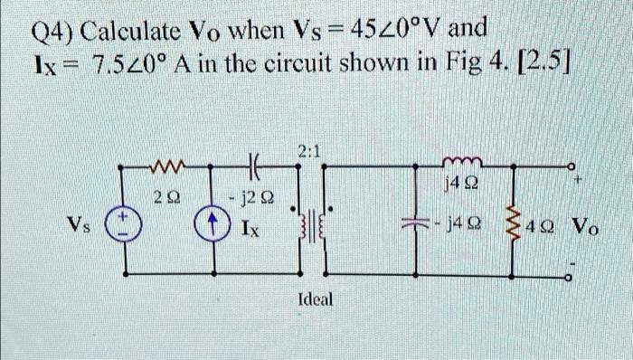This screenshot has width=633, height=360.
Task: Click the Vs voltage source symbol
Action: (x=124, y=226)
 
